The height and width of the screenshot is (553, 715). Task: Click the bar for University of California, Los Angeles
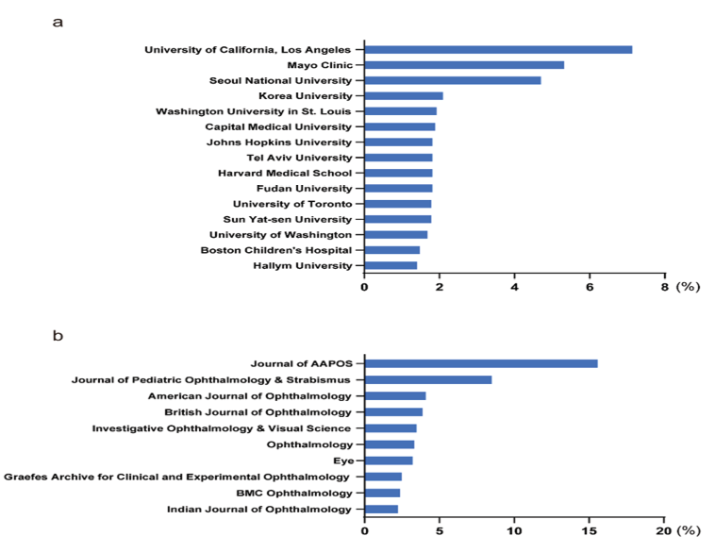tap(498, 49)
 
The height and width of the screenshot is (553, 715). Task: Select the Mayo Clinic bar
tap(464, 65)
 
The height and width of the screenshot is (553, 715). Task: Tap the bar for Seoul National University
tap(453, 80)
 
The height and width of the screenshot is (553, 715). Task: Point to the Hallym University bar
tap(391, 265)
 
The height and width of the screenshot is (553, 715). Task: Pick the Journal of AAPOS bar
tap(481, 363)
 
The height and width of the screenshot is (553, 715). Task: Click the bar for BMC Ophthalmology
tap(382, 493)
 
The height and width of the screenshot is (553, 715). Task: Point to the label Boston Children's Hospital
tap(276, 250)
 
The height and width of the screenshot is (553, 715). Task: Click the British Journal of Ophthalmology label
tap(258, 411)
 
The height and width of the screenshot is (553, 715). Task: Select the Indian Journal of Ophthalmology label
tap(258, 510)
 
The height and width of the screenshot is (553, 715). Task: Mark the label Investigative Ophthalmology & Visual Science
tap(222, 427)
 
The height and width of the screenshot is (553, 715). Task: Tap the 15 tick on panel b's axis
tap(589, 530)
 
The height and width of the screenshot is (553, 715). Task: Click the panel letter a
tap(58, 21)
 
